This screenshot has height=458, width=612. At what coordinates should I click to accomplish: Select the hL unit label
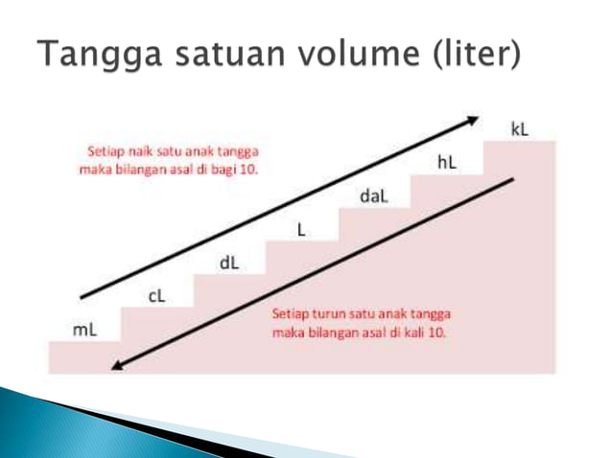(446, 163)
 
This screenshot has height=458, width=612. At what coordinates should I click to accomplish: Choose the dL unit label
(230, 263)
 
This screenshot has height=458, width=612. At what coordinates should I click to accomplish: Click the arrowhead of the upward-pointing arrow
(472, 120)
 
